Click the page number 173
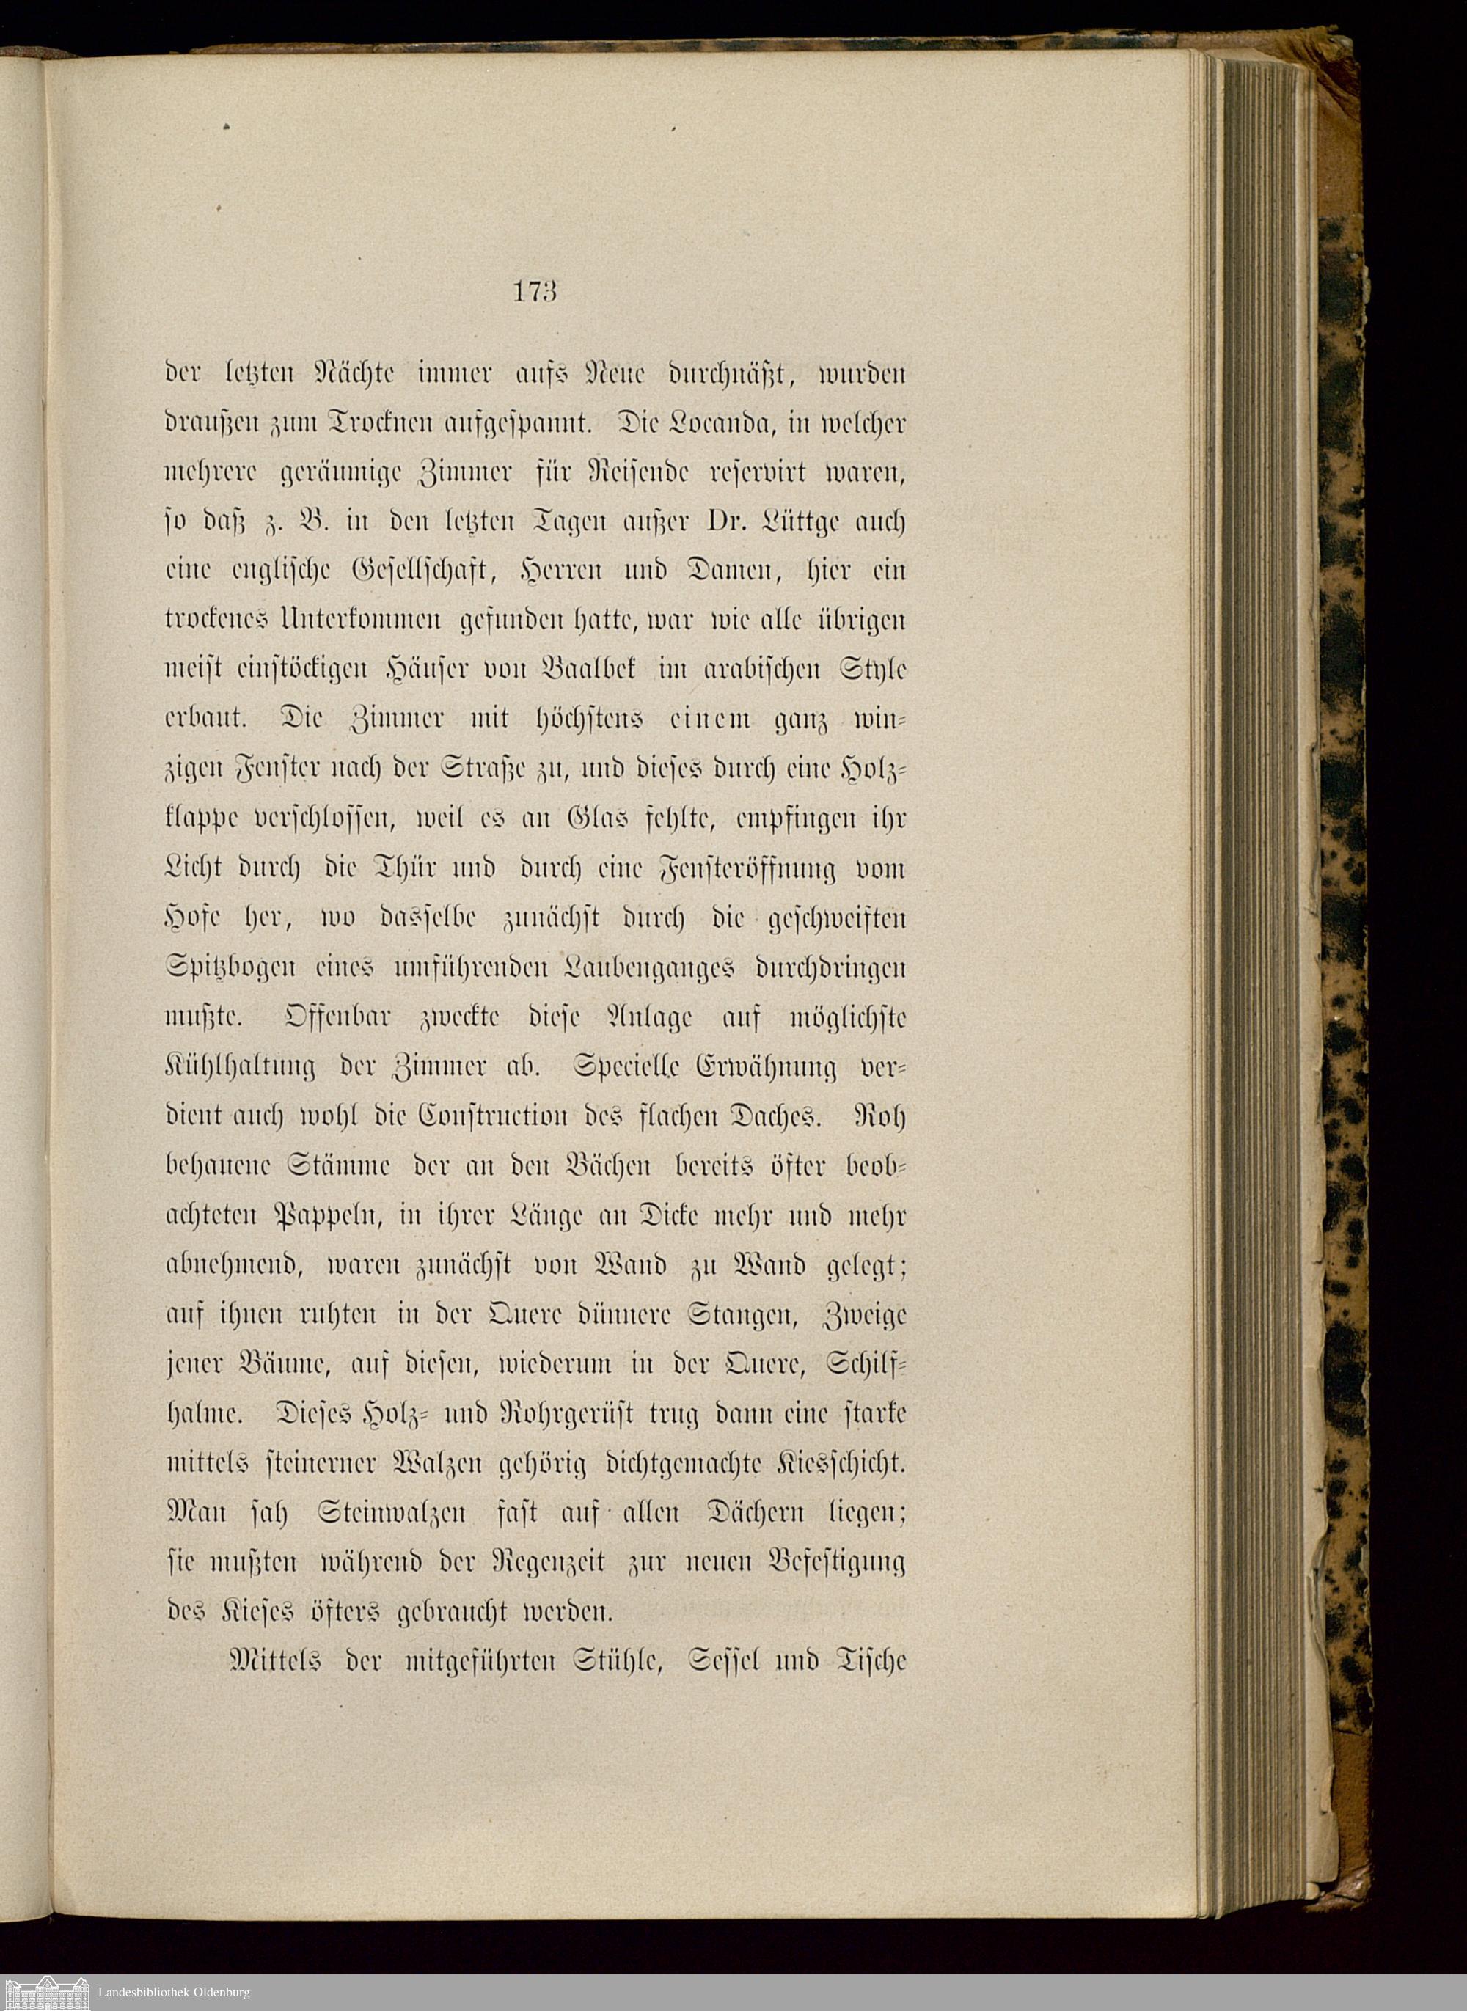point(534,292)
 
